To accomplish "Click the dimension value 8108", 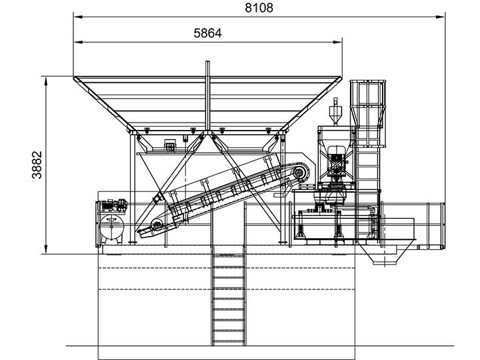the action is tap(259, 7).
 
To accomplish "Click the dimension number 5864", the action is tap(207, 33).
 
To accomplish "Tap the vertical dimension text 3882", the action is tap(37, 165).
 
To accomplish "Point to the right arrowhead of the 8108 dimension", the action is tap(441, 17).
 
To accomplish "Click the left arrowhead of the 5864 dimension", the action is tap(79, 42).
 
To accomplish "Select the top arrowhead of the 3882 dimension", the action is tap(46, 81).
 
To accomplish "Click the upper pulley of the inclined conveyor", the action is tap(298, 173).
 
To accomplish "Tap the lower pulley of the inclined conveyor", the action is tap(157, 225).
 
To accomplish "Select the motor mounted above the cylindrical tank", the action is tap(113, 205).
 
